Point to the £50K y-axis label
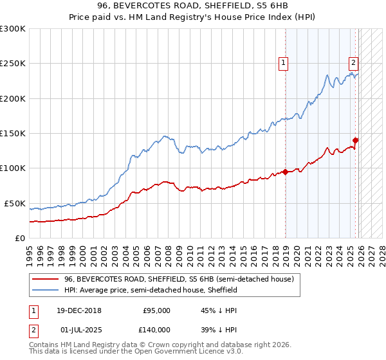[14, 203]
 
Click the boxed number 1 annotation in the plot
[284, 62]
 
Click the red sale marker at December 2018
[285, 172]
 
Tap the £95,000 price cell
[156, 310]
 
